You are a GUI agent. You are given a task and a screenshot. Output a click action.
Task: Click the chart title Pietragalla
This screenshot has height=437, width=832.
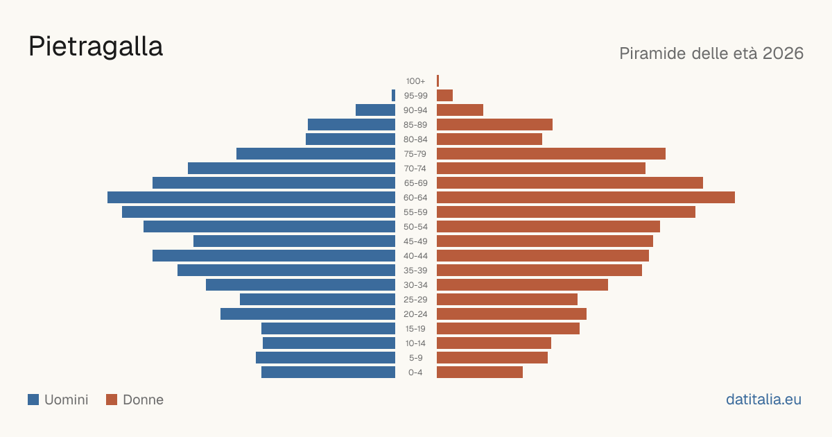click(96, 47)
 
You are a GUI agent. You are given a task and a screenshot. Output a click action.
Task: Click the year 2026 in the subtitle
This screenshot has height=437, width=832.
click(783, 53)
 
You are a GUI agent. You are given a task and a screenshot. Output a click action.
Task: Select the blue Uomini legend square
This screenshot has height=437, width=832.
click(33, 400)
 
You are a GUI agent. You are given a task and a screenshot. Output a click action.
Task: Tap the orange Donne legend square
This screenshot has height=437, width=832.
click(112, 400)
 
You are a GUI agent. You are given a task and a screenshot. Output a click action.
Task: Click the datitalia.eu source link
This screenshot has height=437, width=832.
click(763, 400)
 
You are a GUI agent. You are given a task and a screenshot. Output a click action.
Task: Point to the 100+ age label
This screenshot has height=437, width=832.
click(415, 81)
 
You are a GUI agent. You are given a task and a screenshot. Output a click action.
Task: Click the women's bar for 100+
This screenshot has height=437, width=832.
click(438, 80)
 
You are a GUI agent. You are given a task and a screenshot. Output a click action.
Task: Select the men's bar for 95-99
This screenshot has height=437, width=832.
click(393, 96)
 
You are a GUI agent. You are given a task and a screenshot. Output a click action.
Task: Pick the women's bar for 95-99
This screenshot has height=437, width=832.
click(444, 96)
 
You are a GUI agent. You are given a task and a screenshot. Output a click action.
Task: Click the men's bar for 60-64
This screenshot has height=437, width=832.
click(252, 197)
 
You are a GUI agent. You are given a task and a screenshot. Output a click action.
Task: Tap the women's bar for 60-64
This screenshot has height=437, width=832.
click(586, 197)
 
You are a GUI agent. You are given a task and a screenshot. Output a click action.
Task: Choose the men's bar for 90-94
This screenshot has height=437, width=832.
click(376, 110)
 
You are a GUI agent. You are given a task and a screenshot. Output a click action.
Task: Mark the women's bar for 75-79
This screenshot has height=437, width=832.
click(551, 154)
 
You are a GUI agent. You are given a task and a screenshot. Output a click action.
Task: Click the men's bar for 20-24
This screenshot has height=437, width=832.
click(308, 314)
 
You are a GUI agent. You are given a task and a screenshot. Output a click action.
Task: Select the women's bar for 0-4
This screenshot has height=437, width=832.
click(480, 372)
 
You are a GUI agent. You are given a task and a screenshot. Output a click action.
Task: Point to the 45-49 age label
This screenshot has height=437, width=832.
click(415, 241)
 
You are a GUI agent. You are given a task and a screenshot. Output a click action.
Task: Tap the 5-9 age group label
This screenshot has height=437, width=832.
click(415, 358)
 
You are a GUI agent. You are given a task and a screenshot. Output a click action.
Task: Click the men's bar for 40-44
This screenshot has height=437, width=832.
click(274, 256)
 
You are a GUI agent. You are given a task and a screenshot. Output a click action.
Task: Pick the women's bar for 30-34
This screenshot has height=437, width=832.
click(522, 285)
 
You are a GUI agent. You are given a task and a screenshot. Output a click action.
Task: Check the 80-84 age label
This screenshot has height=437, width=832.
click(415, 139)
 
